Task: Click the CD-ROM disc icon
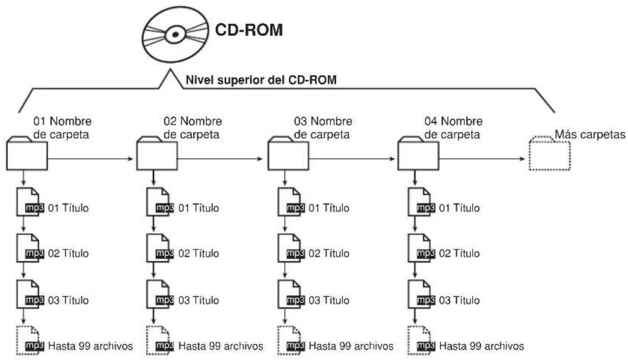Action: (x=176, y=34)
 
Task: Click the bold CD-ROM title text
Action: (x=249, y=30)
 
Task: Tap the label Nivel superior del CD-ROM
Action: (x=261, y=80)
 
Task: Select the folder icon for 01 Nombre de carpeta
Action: (x=27, y=154)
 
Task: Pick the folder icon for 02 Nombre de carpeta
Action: (x=157, y=154)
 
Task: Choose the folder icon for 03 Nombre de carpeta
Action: (x=288, y=154)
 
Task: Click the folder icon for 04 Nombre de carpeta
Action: (x=418, y=154)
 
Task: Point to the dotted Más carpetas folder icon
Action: (x=549, y=154)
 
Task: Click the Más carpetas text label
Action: (x=590, y=135)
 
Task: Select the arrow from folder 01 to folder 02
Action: (x=90, y=159)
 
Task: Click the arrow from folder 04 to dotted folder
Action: (x=482, y=159)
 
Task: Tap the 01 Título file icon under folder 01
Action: (x=29, y=202)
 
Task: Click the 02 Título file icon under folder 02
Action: (x=159, y=248)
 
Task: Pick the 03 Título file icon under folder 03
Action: (x=291, y=294)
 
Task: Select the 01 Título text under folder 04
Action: (x=459, y=208)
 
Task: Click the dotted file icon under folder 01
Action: (x=29, y=340)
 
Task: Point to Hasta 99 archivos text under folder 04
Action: (x=482, y=345)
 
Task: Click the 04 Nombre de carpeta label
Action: (x=454, y=128)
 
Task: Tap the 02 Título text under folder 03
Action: (x=329, y=253)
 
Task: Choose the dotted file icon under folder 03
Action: (x=291, y=340)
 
